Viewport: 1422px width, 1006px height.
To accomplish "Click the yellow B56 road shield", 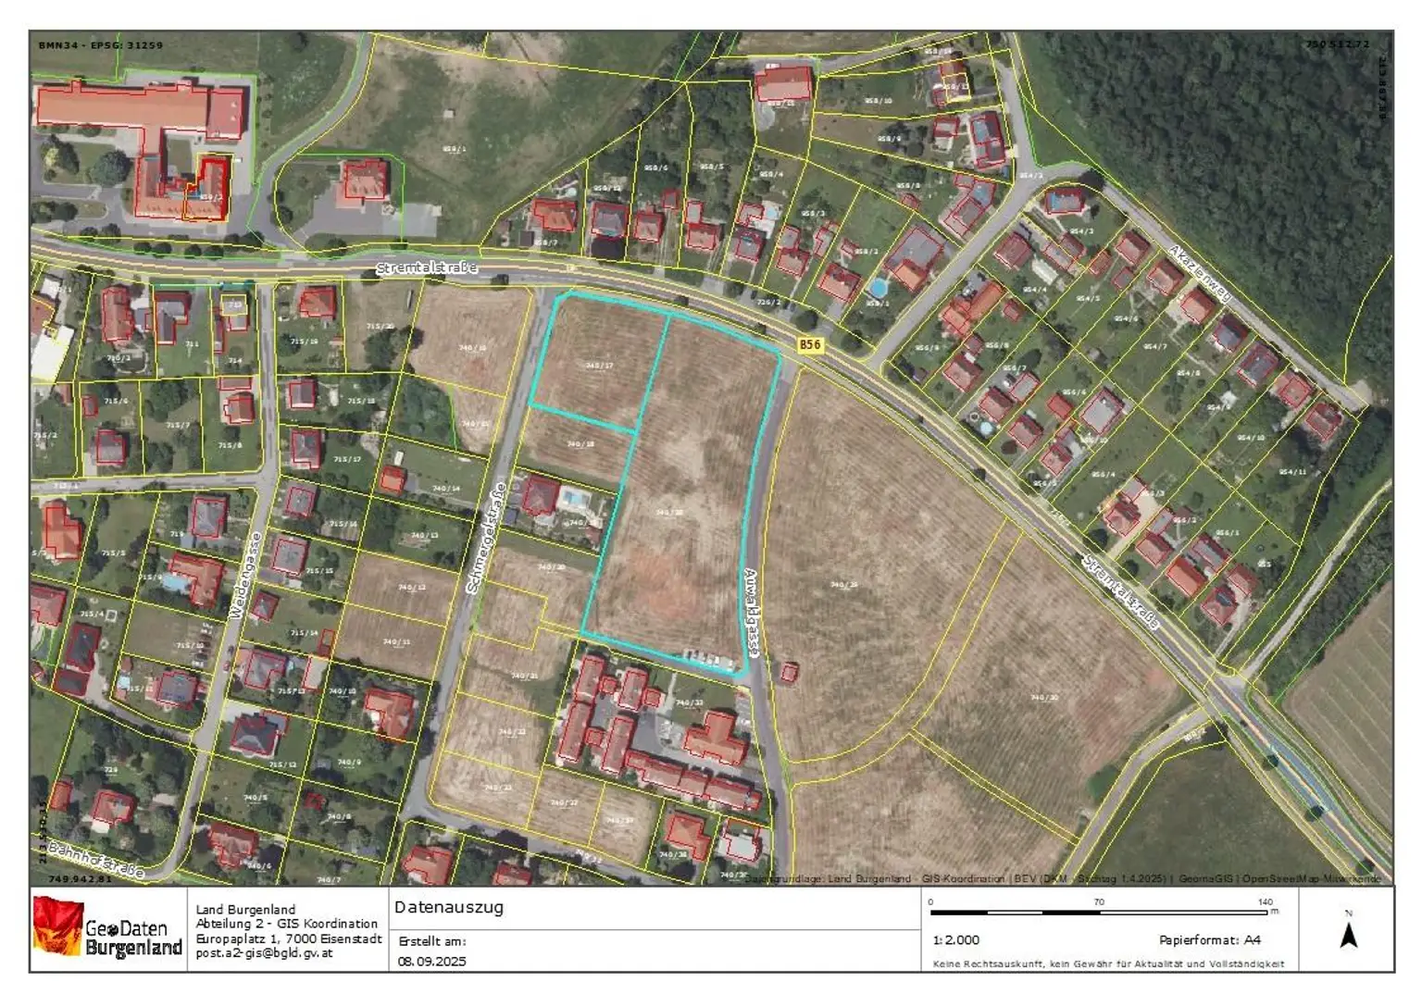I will pos(810,344).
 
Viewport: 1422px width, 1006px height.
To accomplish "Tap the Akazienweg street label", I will pos(1200,274).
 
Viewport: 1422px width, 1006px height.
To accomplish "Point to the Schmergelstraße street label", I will pos(486,539).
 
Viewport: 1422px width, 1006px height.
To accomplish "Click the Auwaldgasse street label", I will pos(752,613).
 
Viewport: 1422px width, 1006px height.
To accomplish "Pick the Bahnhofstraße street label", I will pos(96,860).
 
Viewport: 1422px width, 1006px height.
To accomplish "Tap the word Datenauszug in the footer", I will pos(449,907).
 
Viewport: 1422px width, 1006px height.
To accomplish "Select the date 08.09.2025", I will pos(432,961).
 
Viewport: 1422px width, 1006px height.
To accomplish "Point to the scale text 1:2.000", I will pos(956,939).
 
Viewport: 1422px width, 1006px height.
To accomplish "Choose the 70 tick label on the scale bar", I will pos(1099,901).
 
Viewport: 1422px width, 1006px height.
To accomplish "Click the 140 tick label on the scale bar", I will pos(1266,901).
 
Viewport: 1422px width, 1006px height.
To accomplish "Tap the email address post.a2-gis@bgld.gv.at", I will pos(264,952).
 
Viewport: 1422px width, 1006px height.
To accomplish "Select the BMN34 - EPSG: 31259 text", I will pos(101,44).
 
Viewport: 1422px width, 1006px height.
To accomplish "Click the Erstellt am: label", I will pos(432,941).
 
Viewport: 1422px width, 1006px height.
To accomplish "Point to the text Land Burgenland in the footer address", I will pos(245,909).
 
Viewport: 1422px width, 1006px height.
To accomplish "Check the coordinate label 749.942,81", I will pos(80,879).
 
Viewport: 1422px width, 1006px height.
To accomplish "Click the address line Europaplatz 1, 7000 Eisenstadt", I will pos(289,938).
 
